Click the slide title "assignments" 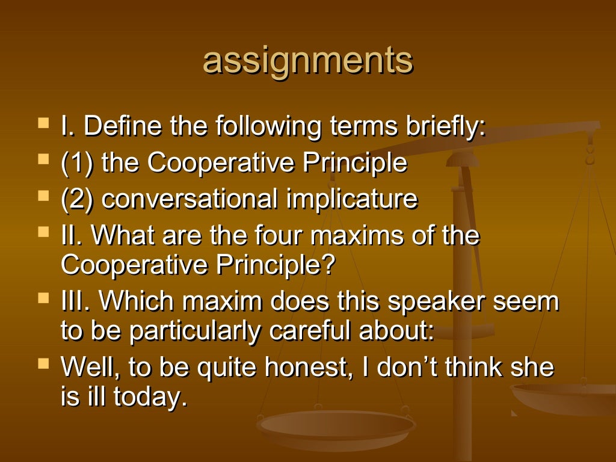[x=307, y=61]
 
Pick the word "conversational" [x=190, y=199]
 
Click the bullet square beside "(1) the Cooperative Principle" [x=43, y=161]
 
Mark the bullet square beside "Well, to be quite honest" [x=43, y=363]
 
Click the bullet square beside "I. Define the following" [x=43, y=125]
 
